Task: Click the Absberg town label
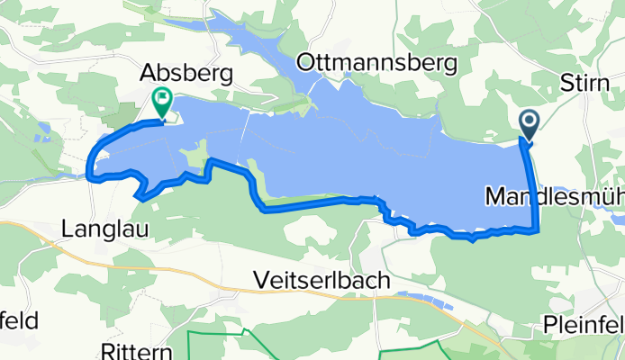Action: tap(187, 72)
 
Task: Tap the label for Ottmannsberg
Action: tap(377, 63)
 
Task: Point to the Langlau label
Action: tap(99, 229)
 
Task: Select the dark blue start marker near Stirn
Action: tap(529, 123)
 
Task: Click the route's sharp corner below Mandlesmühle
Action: tap(538, 230)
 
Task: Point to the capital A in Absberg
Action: tap(149, 72)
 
